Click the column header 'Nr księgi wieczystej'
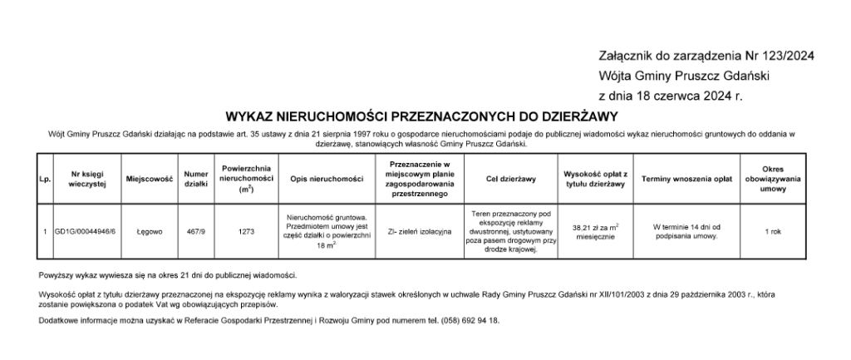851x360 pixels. [x=86, y=179]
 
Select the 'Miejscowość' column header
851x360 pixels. [x=149, y=179]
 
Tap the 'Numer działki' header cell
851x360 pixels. [x=196, y=179]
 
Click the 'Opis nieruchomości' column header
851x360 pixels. [x=327, y=179]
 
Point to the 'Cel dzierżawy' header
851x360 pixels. [x=510, y=179]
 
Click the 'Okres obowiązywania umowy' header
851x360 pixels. [x=773, y=179]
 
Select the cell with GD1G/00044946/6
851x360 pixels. [x=86, y=231]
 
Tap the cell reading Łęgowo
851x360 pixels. [x=149, y=231]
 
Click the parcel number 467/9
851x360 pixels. [x=196, y=231]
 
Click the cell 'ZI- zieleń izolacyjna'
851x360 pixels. [x=419, y=231]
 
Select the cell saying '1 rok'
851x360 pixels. [x=773, y=231]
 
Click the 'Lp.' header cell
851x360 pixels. [x=42, y=179]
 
